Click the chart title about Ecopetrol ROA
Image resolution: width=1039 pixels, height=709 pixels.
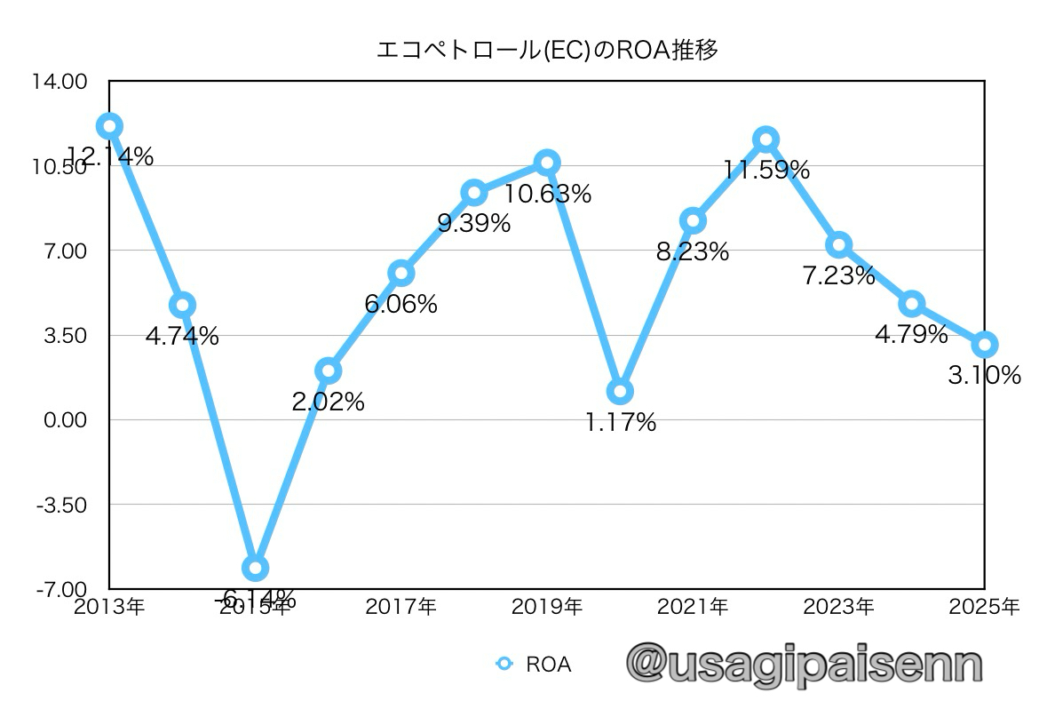coord(547,50)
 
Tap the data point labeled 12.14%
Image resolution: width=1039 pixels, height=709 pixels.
coord(109,126)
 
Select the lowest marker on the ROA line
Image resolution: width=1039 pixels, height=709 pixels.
coord(256,568)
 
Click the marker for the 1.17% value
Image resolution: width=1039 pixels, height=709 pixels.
coord(621,391)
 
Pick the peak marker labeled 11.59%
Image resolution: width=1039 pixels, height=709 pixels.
coord(765,139)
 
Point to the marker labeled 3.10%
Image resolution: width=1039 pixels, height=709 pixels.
coord(984,345)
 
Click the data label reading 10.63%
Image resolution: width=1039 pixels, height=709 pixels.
coord(547,195)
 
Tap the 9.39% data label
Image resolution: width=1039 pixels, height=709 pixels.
coord(474,224)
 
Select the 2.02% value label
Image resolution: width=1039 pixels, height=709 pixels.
coord(329,402)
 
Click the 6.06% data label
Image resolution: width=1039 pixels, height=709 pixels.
coord(401,305)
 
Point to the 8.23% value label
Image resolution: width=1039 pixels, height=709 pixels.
coord(693,252)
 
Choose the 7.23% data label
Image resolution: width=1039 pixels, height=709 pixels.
coord(838,276)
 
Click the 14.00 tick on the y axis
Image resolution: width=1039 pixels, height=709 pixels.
coord(61,82)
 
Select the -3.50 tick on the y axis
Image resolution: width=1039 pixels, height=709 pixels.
coord(63,505)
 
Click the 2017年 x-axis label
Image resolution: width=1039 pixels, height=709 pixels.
coord(401,608)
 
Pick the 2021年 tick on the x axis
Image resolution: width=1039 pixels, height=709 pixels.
coord(693,608)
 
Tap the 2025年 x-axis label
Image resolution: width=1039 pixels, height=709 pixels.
coord(984,608)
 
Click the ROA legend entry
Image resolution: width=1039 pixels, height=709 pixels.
coord(534,664)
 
